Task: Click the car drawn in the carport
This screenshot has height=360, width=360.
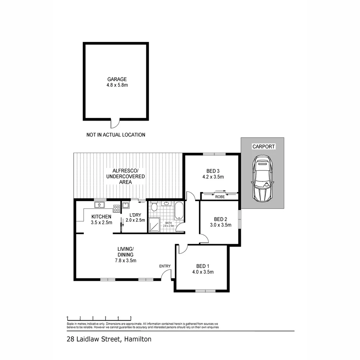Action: tap(262, 178)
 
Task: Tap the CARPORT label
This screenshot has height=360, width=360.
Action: tap(263, 146)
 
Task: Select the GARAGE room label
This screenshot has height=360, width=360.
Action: tap(117, 79)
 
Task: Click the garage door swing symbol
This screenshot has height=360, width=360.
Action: tap(114, 124)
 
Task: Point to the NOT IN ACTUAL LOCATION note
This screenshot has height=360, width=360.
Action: tap(116, 135)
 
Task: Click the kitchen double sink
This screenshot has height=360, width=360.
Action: tap(99, 205)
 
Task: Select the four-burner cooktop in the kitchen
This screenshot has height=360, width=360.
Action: tap(116, 209)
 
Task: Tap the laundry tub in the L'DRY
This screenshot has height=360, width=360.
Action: tap(126, 205)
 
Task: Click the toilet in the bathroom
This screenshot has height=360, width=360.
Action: tap(154, 207)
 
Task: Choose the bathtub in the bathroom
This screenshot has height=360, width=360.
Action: tap(179, 211)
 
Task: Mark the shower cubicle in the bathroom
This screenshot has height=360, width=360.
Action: tap(154, 225)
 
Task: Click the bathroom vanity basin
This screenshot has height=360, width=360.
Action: tap(166, 203)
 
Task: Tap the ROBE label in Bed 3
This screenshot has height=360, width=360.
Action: tap(220, 197)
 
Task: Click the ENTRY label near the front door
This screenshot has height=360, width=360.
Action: tap(165, 266)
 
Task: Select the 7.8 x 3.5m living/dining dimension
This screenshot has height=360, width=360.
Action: tap(125, 261)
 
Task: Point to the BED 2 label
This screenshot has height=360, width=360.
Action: tap(220, 219)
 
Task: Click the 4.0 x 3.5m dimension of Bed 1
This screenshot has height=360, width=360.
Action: tap(203, 272)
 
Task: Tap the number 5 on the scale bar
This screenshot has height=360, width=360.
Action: tap(131, 317)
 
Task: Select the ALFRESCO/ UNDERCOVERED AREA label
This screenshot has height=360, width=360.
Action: tap(125, 176)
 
